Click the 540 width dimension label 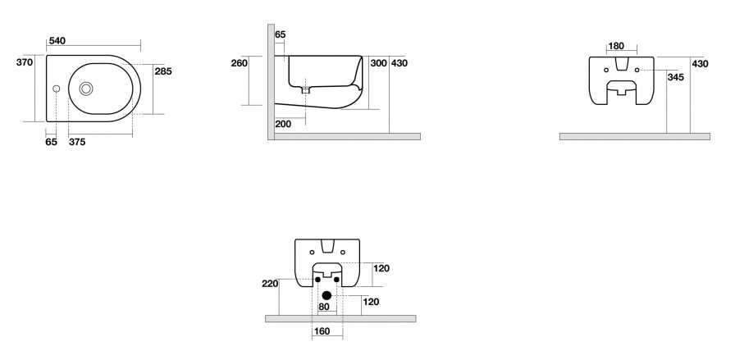tap(57, 41)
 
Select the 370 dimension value tap(25, 62)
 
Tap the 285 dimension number tap(163, 71)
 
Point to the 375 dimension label tap(77, 142)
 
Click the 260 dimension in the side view tap(239, 63)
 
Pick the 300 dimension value tap(378, 63)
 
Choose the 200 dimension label tap(283, 124)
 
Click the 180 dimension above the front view tap(615, 46)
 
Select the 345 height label tap(675, 77)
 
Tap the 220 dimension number tap(270, 284)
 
